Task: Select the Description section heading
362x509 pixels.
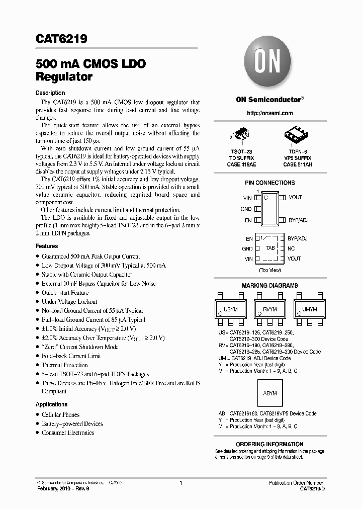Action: pos(50,93)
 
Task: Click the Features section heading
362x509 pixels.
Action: pos(47,246)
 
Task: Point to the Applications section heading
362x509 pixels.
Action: pos(51,404)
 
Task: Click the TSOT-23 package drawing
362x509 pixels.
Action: pos(242,134)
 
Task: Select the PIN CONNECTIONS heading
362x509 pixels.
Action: pos(269,183)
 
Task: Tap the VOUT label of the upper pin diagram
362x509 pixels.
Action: pos(295,198)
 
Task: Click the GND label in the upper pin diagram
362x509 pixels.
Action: pos(246,209)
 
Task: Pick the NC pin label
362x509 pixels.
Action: pos(291,248)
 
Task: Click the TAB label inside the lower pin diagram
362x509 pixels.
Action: pos(270,248)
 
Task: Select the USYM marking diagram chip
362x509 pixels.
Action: pos(231,309)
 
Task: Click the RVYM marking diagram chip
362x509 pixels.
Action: pos(270,309)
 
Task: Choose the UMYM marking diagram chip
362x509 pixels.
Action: pos(309,309)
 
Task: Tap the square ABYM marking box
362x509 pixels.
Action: pos(270,393)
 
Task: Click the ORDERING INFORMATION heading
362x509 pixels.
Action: pos(269,444)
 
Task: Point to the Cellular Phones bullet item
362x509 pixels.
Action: pos(60,415)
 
